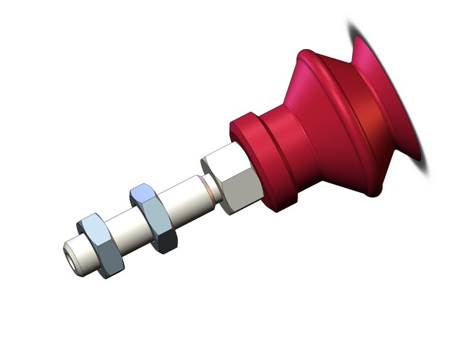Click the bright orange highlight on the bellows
pos(368,113)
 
